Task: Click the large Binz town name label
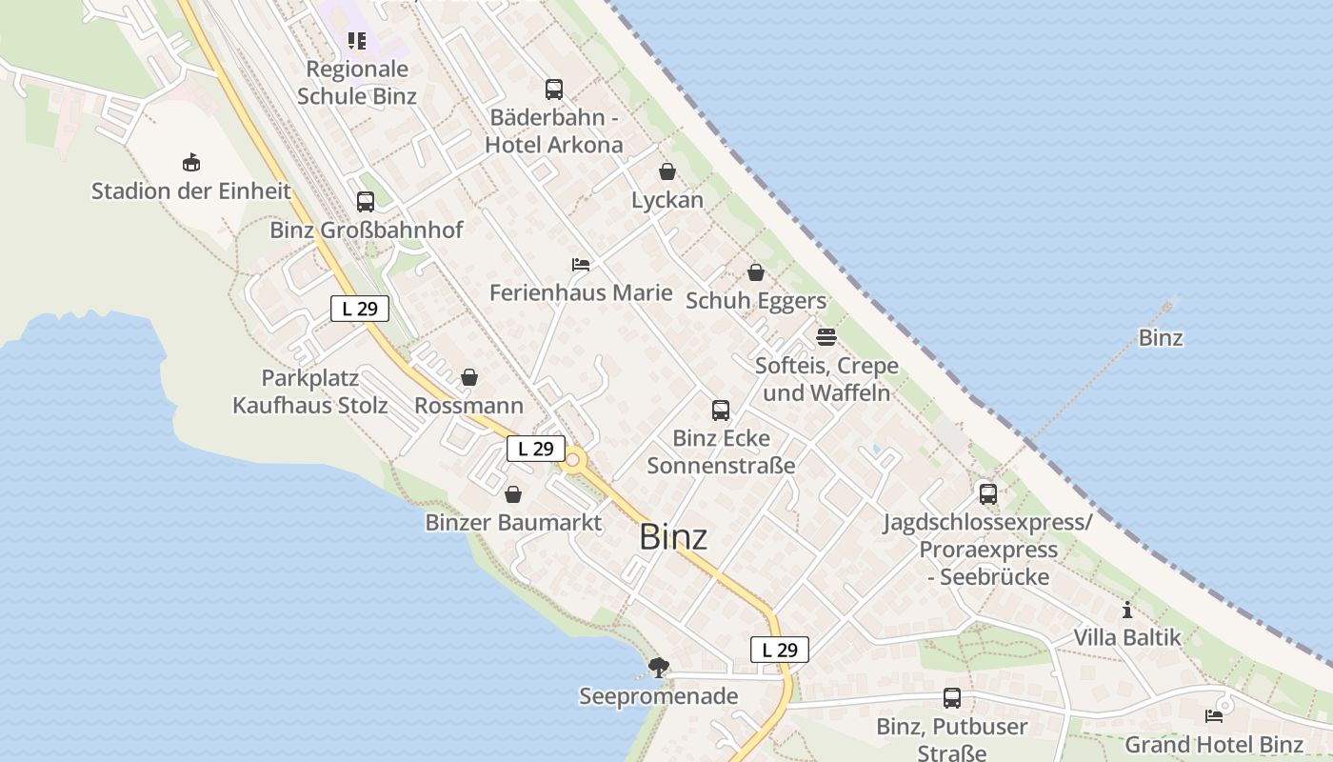coord(673,537)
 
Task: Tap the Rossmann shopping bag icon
coord(468,378)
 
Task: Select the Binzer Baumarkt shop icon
coord(513,494)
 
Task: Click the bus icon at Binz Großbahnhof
coord(366,202)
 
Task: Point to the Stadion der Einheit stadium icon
coord(191,163)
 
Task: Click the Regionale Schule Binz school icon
coord(357,41)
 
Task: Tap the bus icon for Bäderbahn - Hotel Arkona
coord(554,90)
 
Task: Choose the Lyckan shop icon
coord(667,172)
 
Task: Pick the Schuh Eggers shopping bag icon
coord(756,273)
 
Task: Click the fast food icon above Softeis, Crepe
coord(826,337)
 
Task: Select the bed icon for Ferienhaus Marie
coord(581,264)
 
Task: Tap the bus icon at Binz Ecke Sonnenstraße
coord(721,411)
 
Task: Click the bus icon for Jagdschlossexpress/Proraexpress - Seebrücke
coord(988,494)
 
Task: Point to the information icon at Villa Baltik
coord(1127,610)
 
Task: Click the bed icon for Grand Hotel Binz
coord(1214,716)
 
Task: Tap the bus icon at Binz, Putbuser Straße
coord(952,698)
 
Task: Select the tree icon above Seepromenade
coord(658,668)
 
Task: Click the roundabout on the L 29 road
coord(572,464)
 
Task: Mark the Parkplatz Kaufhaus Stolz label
coord(310,391)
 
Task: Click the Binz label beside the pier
coord(1161,338)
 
